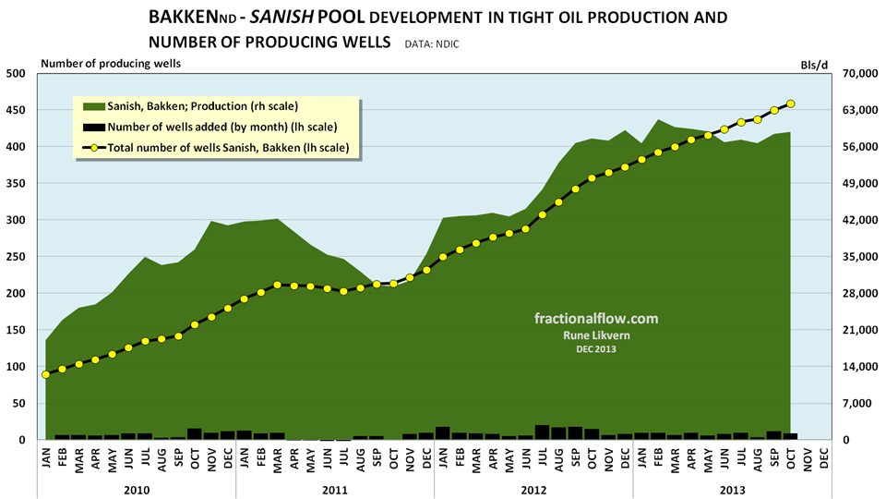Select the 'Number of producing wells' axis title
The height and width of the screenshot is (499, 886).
coord(110,63)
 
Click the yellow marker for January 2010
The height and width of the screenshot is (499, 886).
coord(45,374)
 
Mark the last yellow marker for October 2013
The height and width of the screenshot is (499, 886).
coord(791,103)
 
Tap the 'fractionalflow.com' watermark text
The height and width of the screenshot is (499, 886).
coord(596,318)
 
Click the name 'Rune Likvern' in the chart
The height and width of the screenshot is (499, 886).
coord(596,335)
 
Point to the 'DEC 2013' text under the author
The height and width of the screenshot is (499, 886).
coord(596,348)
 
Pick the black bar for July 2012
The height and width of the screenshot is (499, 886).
coord(543,432)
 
